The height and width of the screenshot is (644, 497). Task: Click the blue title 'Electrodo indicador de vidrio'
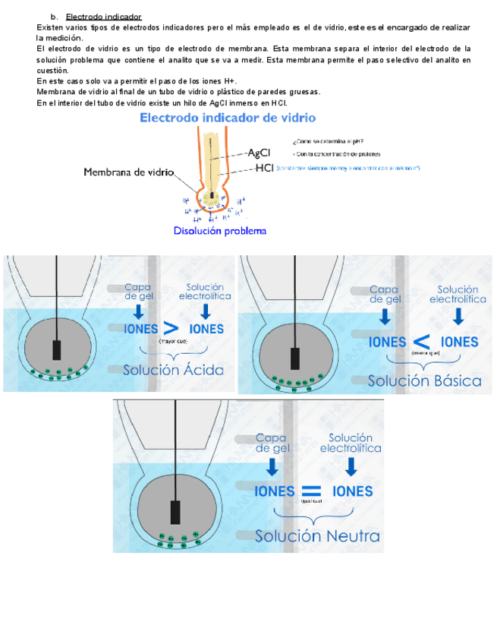(x=228, y=118)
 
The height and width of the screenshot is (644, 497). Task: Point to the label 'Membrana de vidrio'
(x=128, y=173)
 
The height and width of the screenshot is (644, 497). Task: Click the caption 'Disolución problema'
(x=220, y=230)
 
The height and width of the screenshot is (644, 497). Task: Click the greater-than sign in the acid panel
(x=172, y=329)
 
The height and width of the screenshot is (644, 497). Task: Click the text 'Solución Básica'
(x=424, y=380)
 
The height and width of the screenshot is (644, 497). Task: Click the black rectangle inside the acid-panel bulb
(x=58, y=351)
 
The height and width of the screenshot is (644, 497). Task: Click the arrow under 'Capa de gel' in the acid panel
(x=137, y=311)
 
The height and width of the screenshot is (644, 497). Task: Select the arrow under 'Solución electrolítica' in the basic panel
(x=458, y=316)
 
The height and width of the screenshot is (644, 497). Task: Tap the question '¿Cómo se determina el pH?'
(x=327, y=140)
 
